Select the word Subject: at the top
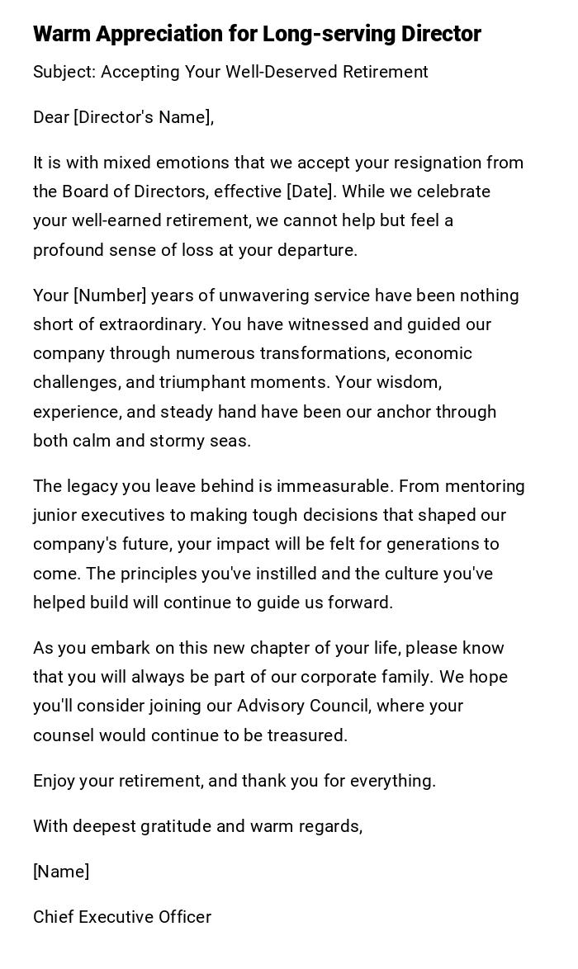click(x=64, y=72)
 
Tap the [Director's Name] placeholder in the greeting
click(x=144, y=117)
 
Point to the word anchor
click(x=404, y=412)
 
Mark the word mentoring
click(x=486, y=486)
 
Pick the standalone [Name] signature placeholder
click(x=61, y=872)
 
